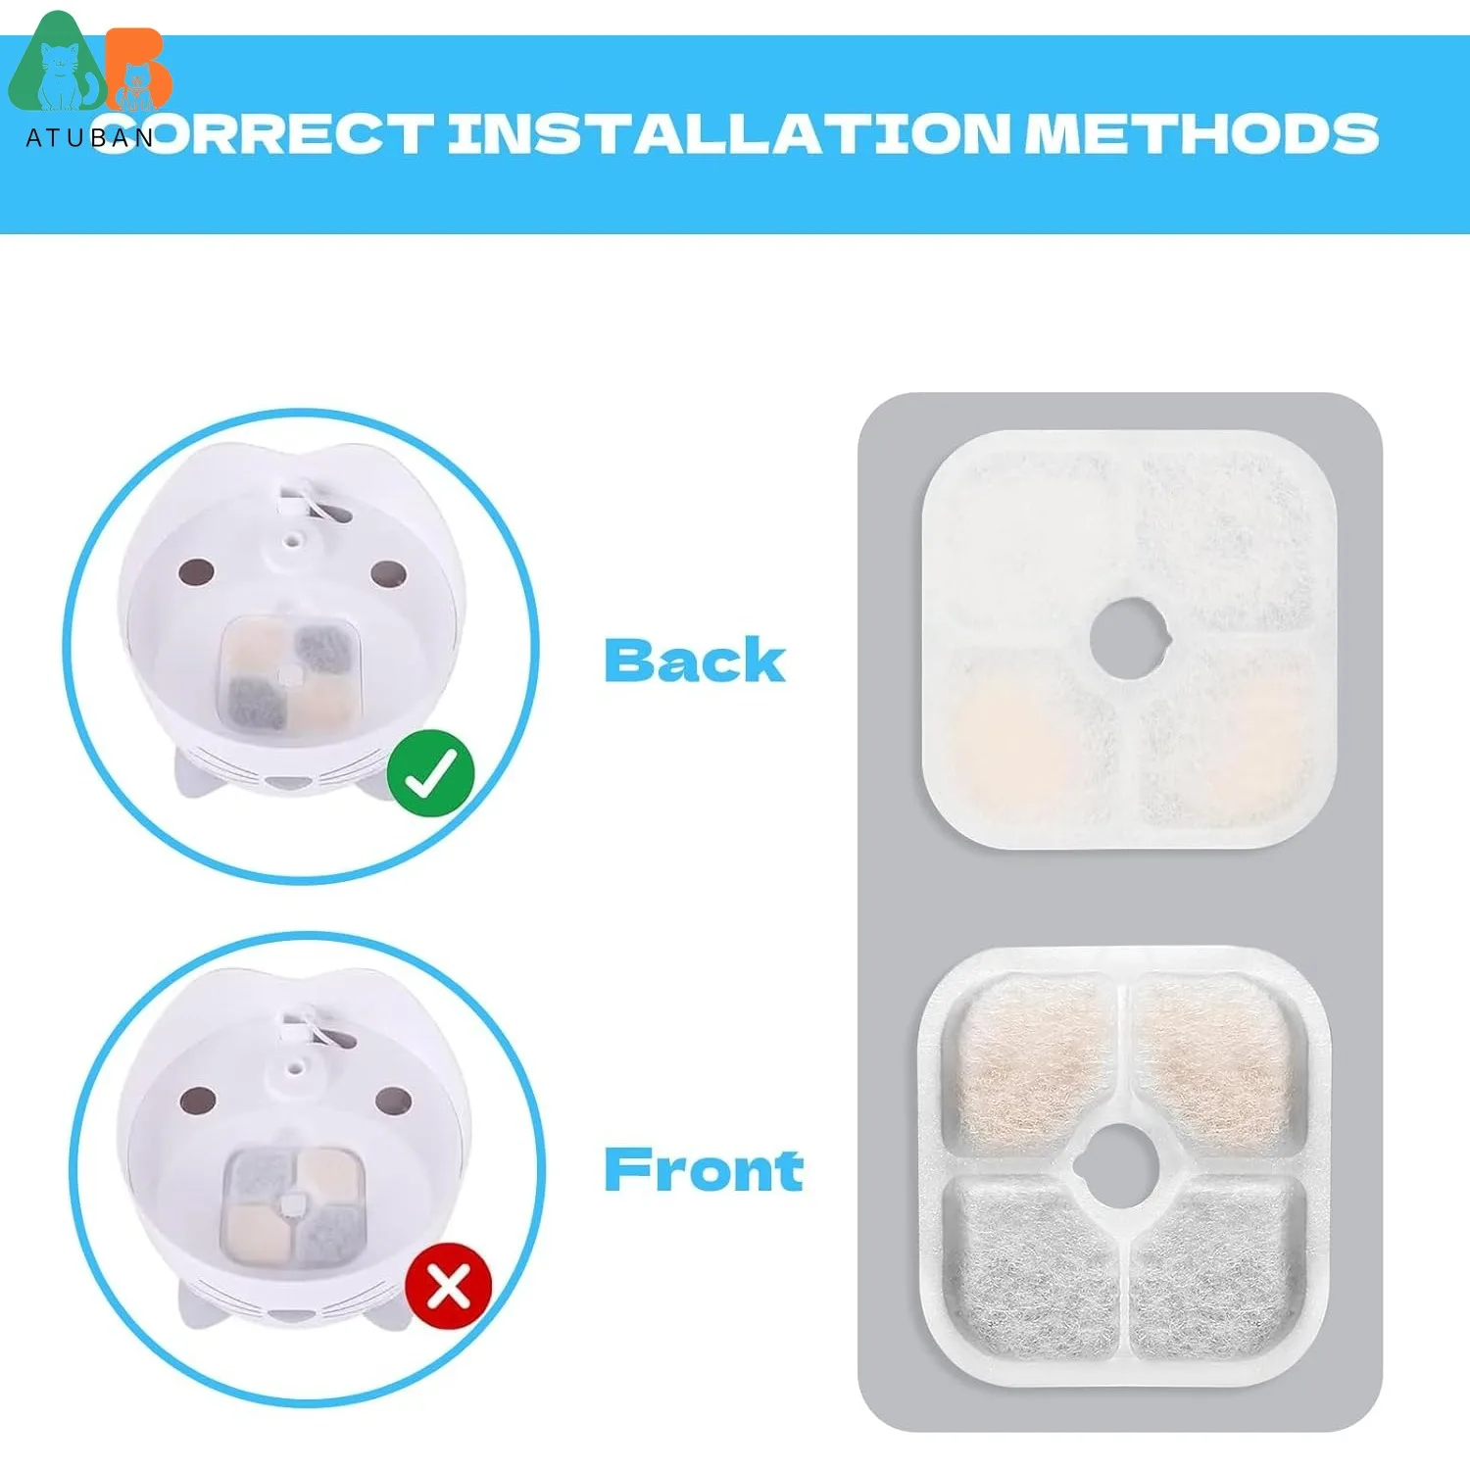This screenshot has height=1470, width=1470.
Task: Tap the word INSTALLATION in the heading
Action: [729, 133]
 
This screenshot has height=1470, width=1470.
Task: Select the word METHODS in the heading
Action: [1201, 133]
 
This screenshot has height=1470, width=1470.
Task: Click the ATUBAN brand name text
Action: [89, 138]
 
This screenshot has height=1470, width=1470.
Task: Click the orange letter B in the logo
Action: [138, 69]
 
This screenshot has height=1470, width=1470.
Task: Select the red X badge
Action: [448, 1286]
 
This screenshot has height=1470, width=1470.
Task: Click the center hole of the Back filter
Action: [1130, 637]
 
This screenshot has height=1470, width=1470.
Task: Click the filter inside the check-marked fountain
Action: [288, 675]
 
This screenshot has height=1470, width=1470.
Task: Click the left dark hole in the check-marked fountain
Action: [196, 571]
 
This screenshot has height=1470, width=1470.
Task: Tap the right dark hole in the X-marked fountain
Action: [393, 1101]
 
